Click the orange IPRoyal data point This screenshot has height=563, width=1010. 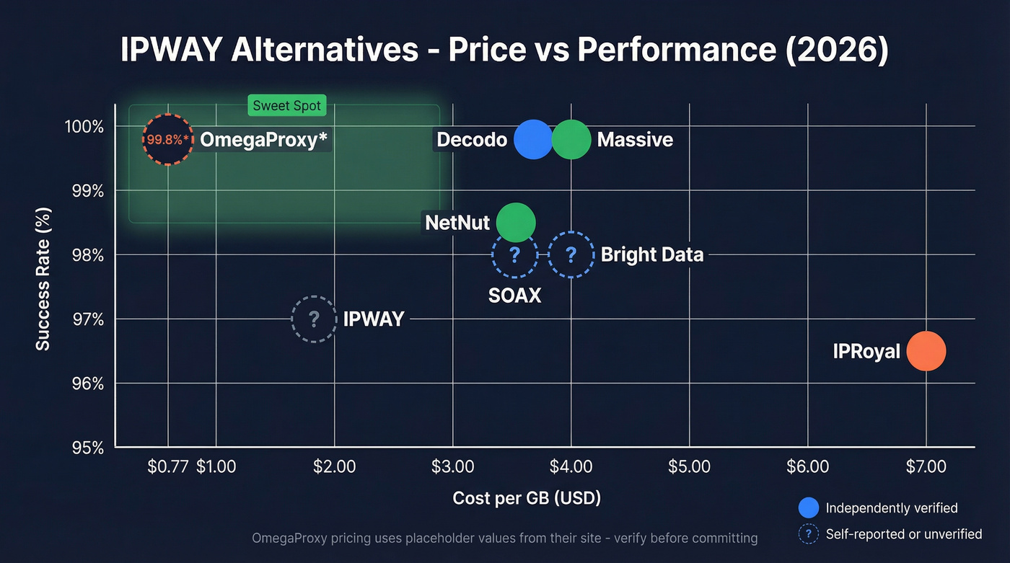926,351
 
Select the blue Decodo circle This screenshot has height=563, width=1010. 533,139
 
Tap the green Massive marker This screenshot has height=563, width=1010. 571,139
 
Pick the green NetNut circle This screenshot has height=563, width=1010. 516,223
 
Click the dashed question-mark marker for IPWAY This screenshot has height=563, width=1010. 314,319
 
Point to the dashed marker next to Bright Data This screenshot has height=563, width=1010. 571,254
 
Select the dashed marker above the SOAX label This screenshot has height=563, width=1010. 515,254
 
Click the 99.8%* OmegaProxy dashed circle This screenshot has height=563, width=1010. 168,140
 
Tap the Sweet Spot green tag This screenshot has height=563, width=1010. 287,106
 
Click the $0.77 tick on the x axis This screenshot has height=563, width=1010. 167,466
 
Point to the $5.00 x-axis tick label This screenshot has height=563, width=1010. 689,466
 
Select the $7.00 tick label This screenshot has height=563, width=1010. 926,466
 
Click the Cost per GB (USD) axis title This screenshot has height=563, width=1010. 526,498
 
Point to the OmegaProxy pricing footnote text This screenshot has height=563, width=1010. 504,538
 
